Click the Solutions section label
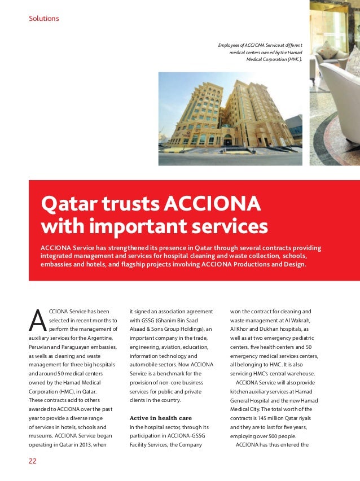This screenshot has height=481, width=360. coord(43,19)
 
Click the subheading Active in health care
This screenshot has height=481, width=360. coord(161,418)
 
